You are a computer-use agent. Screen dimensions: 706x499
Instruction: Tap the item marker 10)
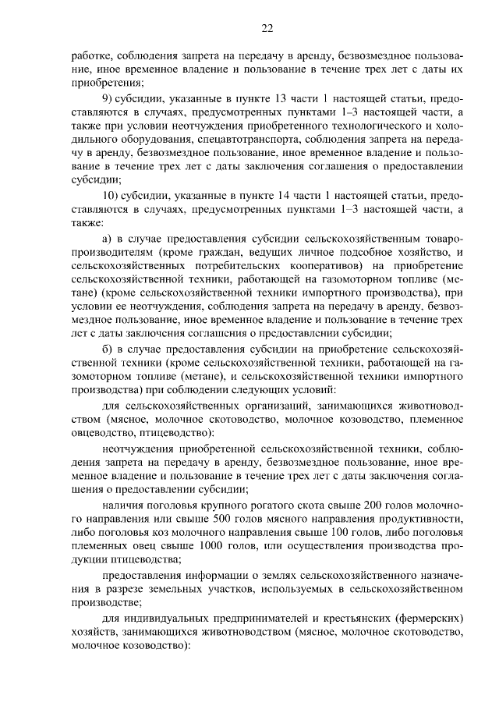point(112,194)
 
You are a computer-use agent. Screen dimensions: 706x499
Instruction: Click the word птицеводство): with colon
point(175,431)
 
